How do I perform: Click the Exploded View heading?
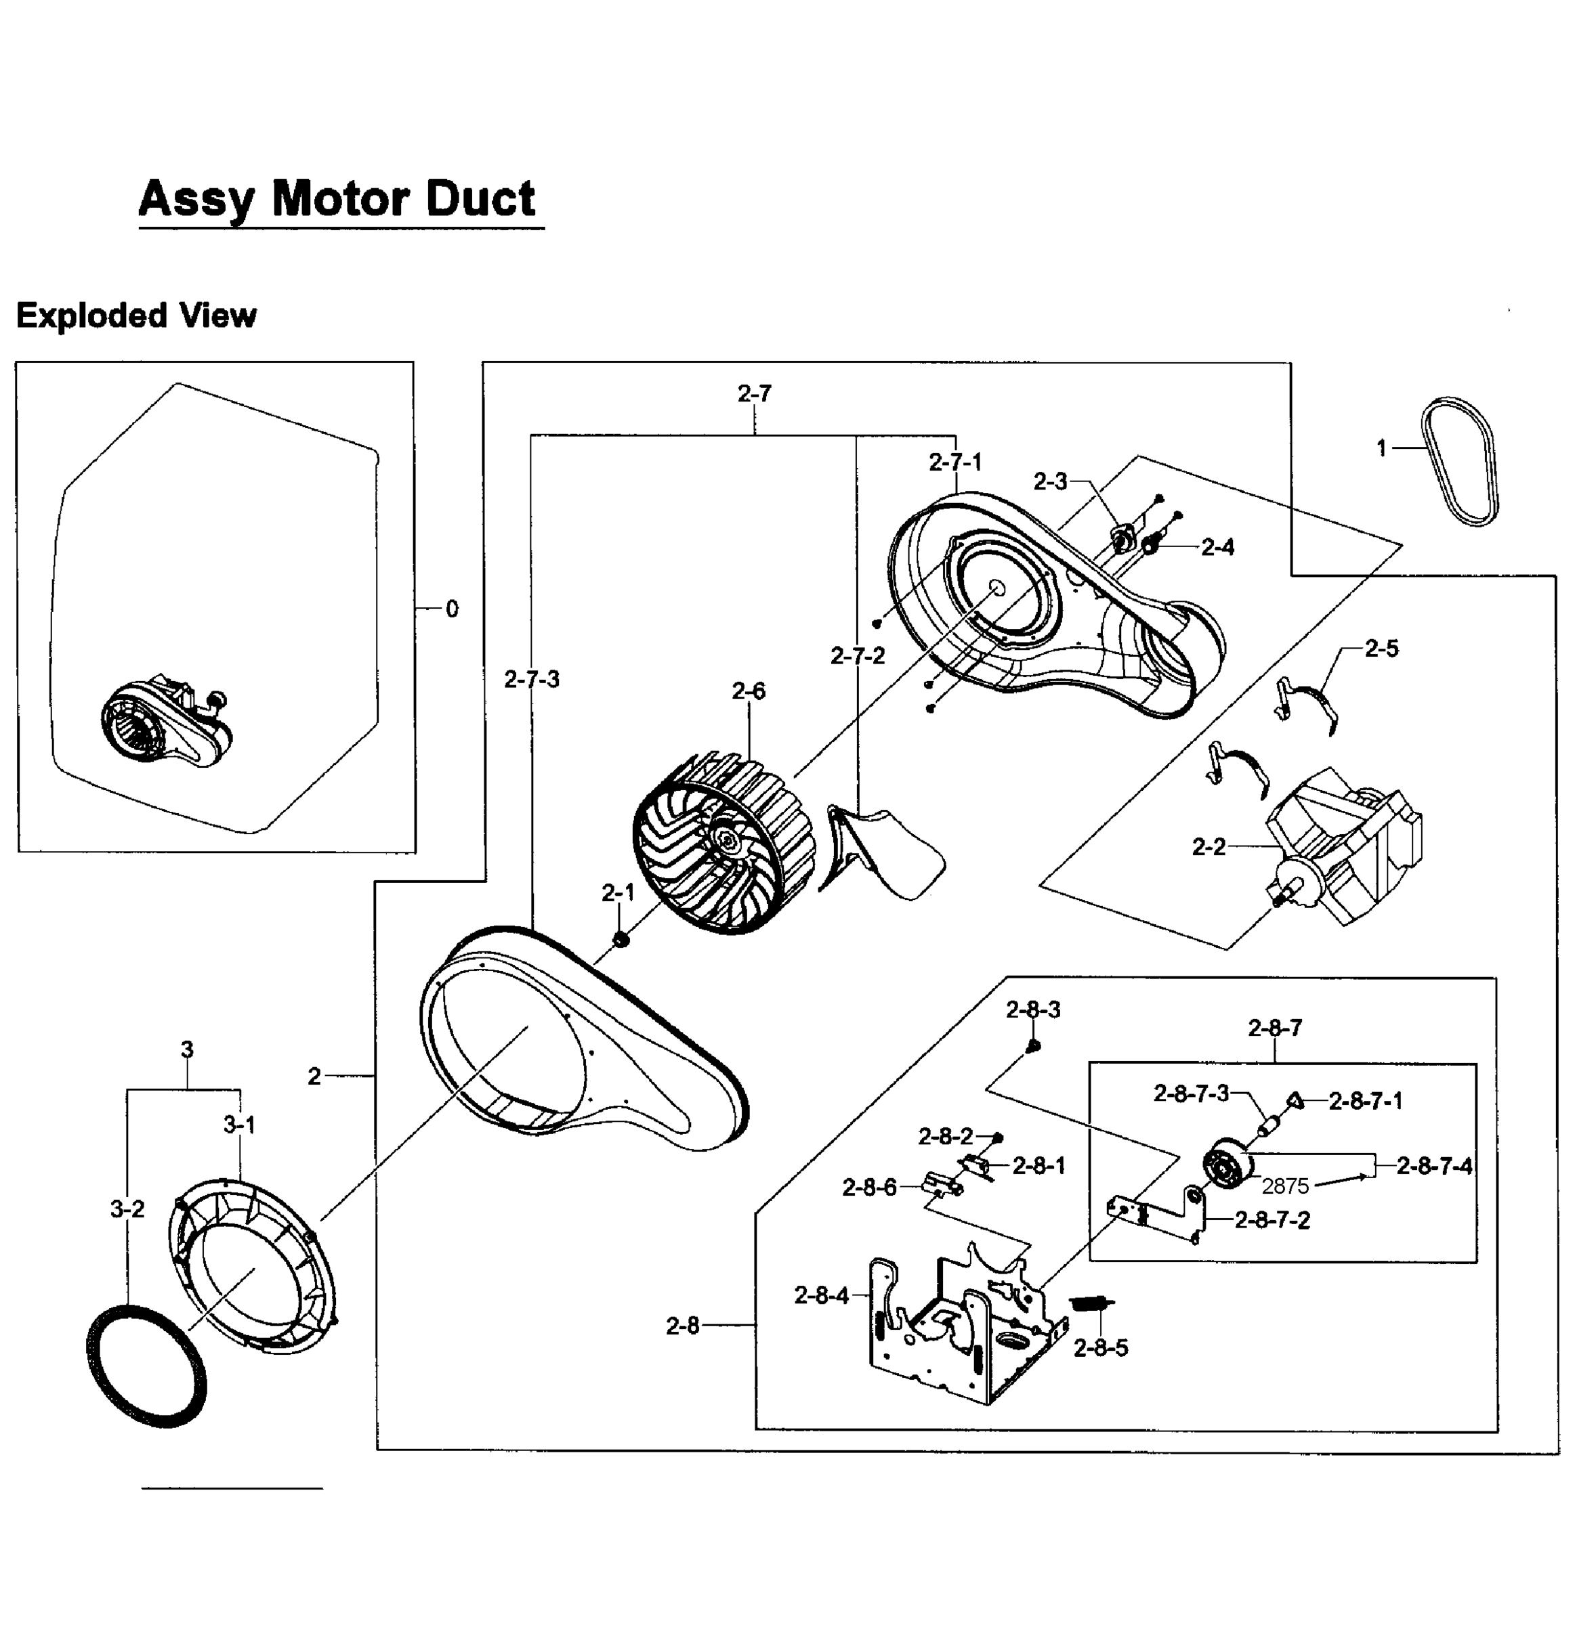[137, 316]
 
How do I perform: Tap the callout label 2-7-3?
[532, 680]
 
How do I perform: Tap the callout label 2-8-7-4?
[1434, 1166]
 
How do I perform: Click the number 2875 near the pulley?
[1284, 1186]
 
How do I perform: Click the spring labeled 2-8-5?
[1091, 1304]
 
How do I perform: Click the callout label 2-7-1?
[954, 462]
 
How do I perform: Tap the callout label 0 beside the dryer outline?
[452, 609]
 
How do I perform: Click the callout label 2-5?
[1381, 649]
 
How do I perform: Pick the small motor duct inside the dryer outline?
[166, 725]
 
